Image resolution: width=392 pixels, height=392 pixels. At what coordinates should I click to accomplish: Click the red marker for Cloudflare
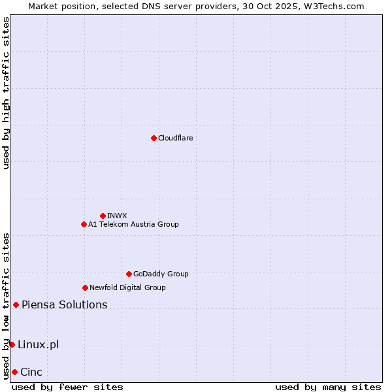pos(154,138)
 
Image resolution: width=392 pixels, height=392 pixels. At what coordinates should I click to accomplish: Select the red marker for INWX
pos(103,216)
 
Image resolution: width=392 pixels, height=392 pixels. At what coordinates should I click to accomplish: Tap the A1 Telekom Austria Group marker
pos(84,224)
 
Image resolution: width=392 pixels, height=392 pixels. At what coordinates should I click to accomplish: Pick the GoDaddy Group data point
pos(129,274)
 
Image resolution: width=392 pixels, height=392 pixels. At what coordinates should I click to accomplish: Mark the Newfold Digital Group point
pos(85,287)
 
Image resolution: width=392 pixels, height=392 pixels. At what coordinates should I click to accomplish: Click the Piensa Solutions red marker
pos(16,304)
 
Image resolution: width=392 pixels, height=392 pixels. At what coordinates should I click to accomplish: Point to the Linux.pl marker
pos(12,344)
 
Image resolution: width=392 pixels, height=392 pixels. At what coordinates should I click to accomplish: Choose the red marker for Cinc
pos(14,372)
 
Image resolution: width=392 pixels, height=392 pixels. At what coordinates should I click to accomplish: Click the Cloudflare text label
pos(175,138)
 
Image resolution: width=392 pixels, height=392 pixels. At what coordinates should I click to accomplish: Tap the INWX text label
pos(117,216)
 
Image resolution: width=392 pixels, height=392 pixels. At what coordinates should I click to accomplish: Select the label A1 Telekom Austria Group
pos(133,224)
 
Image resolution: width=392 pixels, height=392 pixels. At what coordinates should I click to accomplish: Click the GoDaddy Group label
pos(161,274)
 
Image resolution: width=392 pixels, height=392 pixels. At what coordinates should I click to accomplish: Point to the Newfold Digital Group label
pos(127,287)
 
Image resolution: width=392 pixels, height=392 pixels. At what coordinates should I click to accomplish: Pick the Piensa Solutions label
pos(64,304)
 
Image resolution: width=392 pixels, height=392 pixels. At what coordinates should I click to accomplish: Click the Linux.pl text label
pos(38,344)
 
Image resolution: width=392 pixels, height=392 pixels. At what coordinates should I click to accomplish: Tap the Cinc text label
pos(31,372)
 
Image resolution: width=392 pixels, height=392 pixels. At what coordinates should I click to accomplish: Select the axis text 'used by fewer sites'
pos(67,387)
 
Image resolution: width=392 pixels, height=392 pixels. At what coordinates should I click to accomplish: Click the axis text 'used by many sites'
pos(328,387)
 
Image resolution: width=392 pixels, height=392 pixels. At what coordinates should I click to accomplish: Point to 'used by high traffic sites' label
pos(6,93)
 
